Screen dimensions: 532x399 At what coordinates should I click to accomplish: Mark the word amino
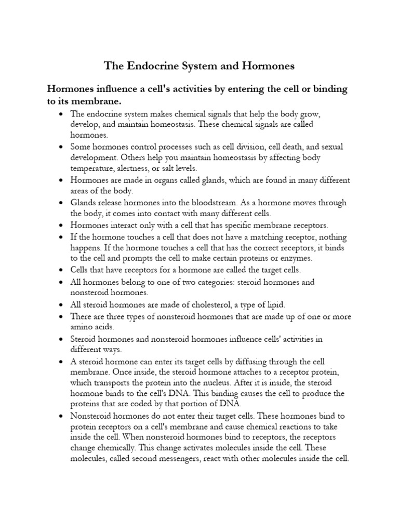(x=83, y=327)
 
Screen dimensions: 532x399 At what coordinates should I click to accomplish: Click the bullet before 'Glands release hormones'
(x=62, y=203)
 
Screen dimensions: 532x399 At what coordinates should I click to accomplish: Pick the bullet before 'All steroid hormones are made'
(x=62, y=305)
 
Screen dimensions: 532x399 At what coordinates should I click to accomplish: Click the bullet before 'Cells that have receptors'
(x=62, y=271)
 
